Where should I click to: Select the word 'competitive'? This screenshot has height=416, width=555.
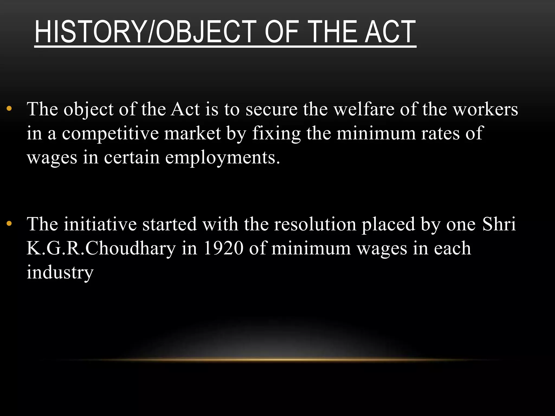click(x=110, y=133)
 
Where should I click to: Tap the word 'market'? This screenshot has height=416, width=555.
click(x=192, y=133)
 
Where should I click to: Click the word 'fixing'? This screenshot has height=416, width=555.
click(x=276, y=134)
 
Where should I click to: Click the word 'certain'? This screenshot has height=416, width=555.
click(x=132, y=157)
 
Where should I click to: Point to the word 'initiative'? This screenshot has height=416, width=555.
click(x=100, y=224)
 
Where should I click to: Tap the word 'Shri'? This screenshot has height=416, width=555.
click(x=499, y=224)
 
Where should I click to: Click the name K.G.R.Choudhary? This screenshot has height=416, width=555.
click(x=101, y=248)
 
